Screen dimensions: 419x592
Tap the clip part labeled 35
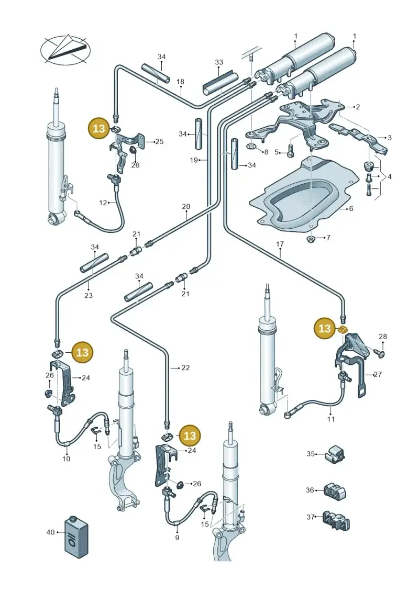click(335, 453)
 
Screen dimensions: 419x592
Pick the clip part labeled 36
click(335, 491)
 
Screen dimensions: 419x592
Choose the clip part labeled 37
click(336, 520)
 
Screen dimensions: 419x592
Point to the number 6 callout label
click(351, 208)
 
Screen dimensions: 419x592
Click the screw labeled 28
click(379, 353)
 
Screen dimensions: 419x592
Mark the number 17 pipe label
click(280, 244)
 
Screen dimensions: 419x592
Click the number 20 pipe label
click(186, 207)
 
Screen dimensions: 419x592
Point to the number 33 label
click(219, 62)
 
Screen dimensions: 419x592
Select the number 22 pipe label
click(185, 367)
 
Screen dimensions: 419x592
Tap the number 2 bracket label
click(358, 107)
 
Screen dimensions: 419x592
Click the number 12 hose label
click(103, 203)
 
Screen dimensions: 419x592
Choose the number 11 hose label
click(331, 419)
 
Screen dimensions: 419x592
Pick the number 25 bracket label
click(159, 141)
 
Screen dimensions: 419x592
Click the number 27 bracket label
click(378, 374)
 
